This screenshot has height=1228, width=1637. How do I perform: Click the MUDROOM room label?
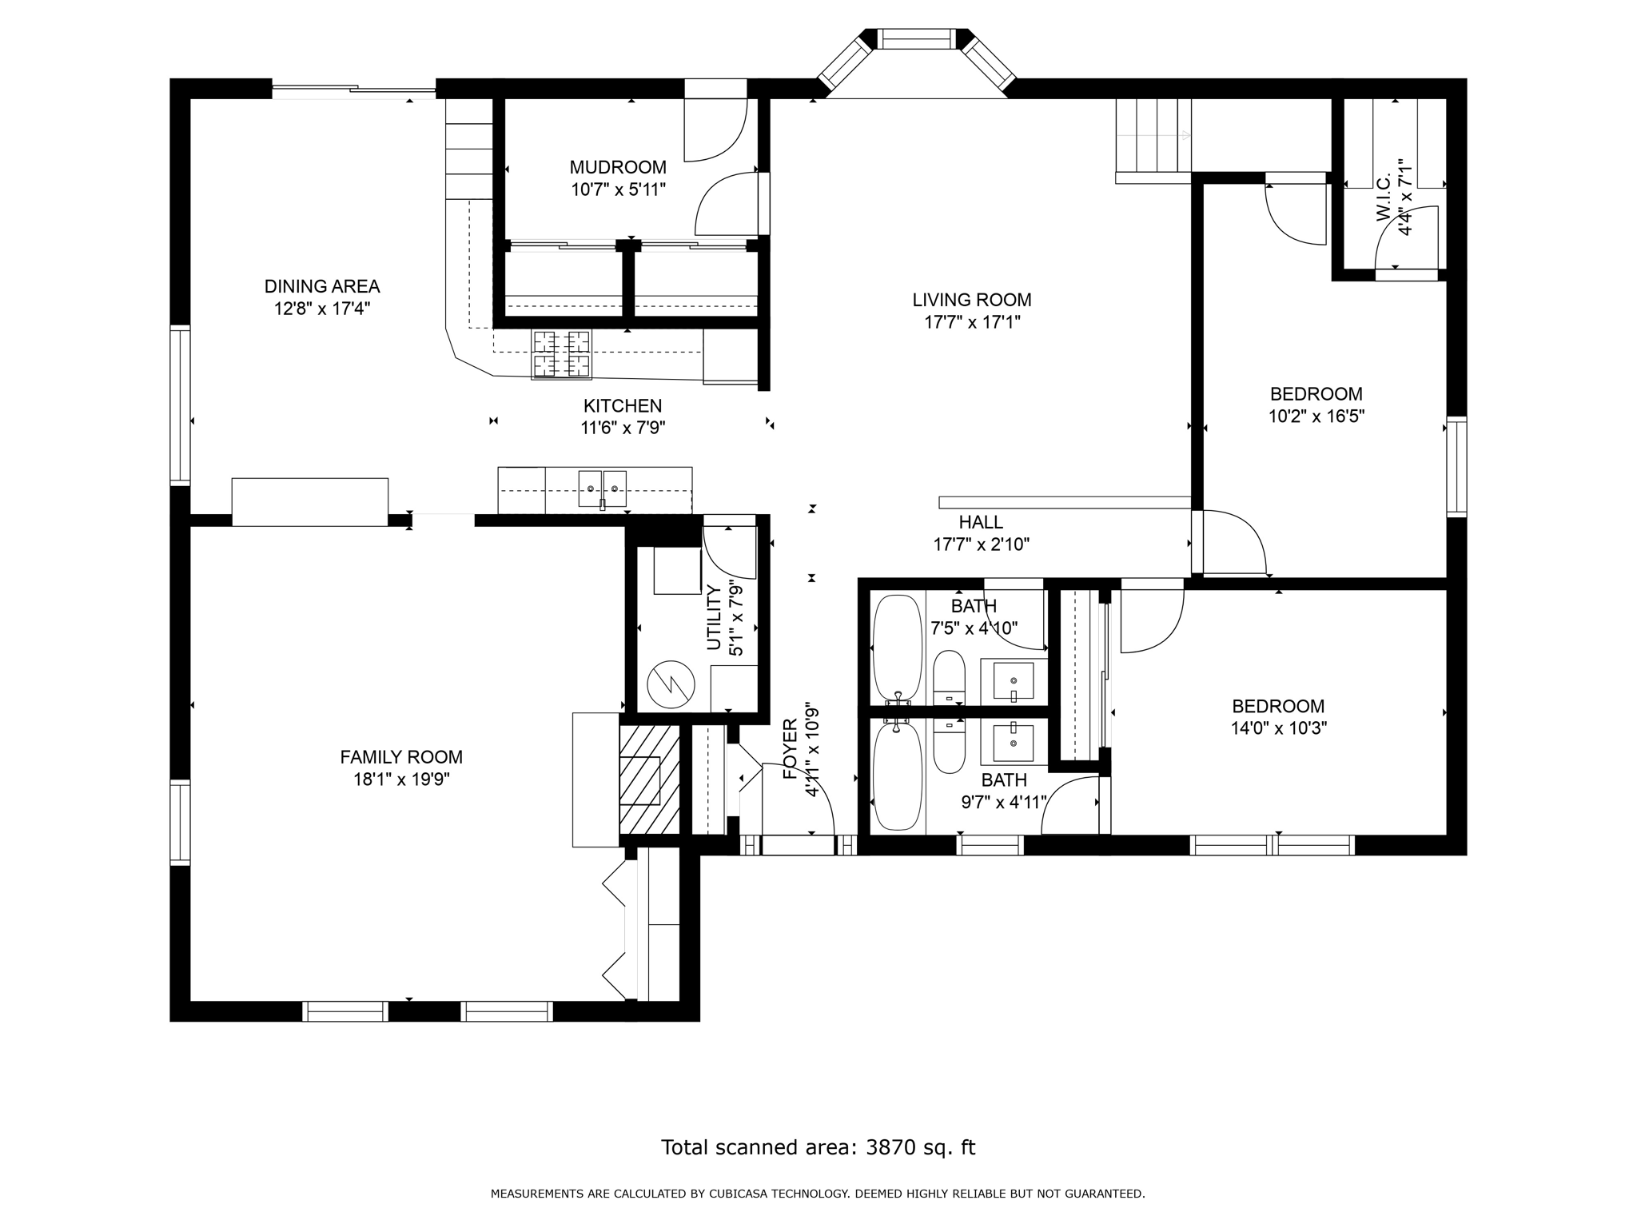click(x=618, y=167)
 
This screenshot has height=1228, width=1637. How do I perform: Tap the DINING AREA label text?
click(x=322, y=286)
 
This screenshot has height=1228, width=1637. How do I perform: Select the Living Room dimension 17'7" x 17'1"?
click(x=972, y=322)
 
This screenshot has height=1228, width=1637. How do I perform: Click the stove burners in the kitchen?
click(x=562, y=353)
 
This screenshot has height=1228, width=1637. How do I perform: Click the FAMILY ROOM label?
click(x=401, y=757)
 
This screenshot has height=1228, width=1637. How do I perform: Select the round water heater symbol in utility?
click(x=671, y=684)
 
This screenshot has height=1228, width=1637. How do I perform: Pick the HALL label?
click(x=981, y=522)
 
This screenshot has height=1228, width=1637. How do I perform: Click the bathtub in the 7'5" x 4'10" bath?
click(x=898, y=648)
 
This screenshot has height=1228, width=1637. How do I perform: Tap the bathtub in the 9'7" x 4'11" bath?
click(x=898, y=776)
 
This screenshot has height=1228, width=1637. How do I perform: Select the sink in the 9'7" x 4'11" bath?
click(x=1013, y=743)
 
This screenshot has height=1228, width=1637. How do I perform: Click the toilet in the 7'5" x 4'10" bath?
click(x=950, y=677)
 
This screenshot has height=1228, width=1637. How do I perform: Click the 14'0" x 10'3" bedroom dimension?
click(x=1279, y=728)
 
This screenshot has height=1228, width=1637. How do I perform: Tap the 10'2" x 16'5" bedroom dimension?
click(x=1316, y=417)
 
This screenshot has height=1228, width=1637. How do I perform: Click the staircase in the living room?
click(x=1153, y=141)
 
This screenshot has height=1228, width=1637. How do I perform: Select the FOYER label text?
click(x=790, y=749)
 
